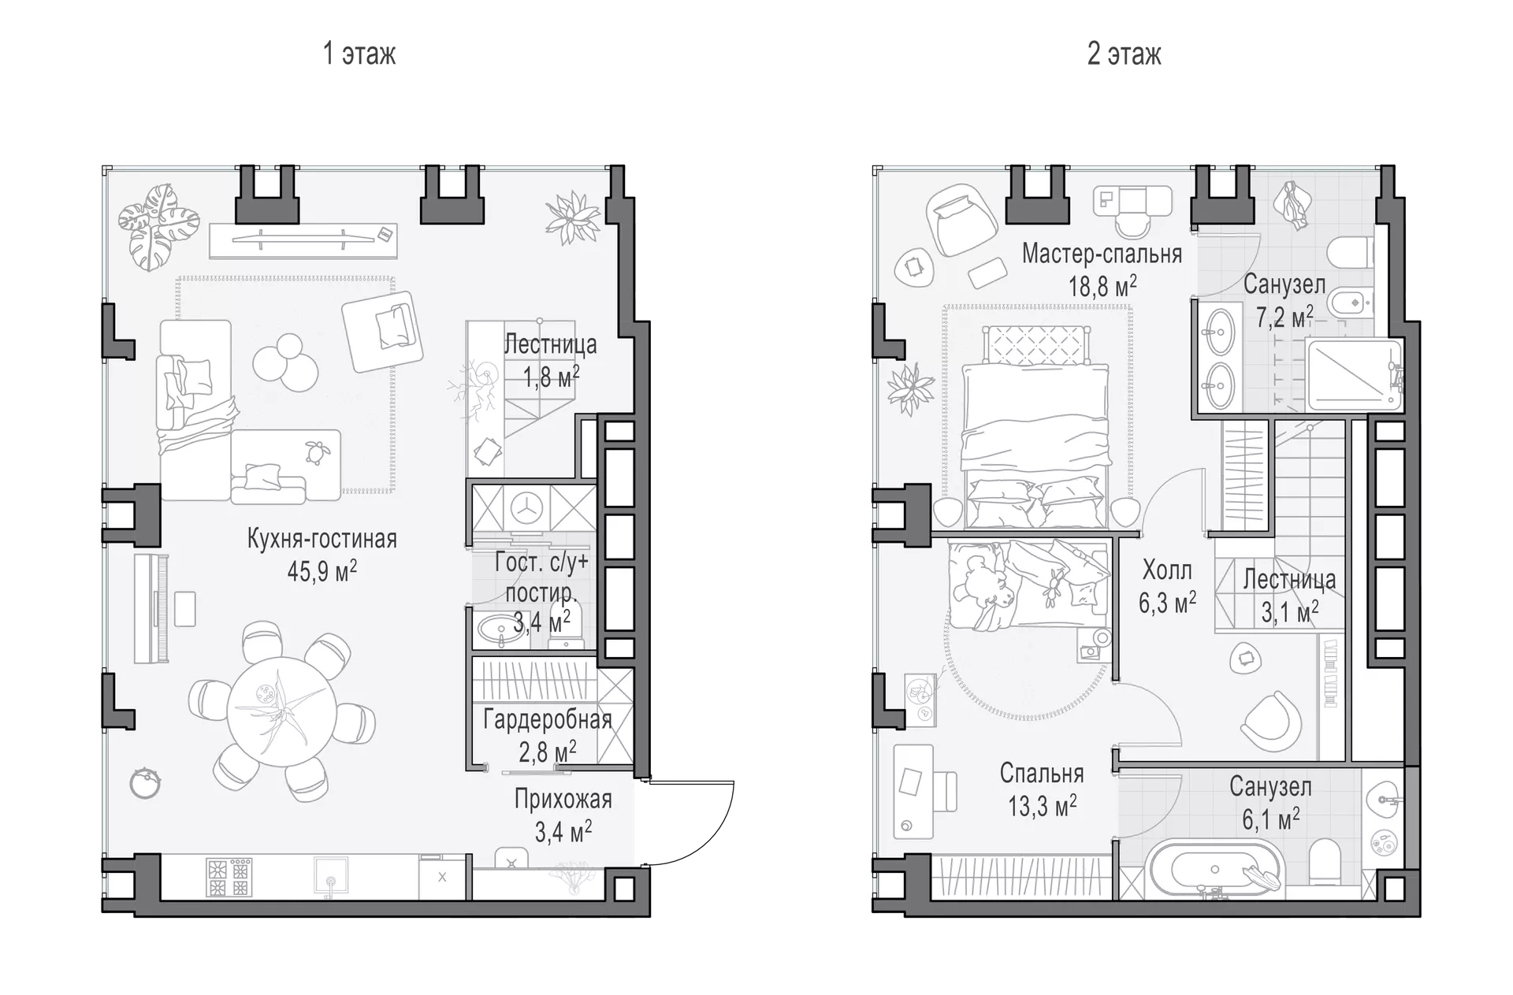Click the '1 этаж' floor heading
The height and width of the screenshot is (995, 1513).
(x=359, y=54)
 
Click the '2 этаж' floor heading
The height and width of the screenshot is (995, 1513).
(x=1124, y=54)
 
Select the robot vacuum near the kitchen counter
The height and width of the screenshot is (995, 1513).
(x=147, y=783)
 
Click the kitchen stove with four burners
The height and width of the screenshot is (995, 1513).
(x=229, y=878)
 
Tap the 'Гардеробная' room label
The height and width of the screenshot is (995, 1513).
(x=548, y=720)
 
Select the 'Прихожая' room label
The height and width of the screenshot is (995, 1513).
(x=563, y=799)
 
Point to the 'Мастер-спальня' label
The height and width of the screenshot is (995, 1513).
(x=1102, y=253)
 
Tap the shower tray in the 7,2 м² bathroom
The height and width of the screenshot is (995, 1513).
(x=1354, y=375)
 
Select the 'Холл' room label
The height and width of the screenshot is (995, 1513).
(x=1167, y=569)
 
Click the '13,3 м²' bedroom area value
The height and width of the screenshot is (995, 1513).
(x=1042, y=806)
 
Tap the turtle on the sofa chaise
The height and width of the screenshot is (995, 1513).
(x=318, y=451)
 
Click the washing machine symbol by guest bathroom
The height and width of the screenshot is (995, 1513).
(x=524, y=508)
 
